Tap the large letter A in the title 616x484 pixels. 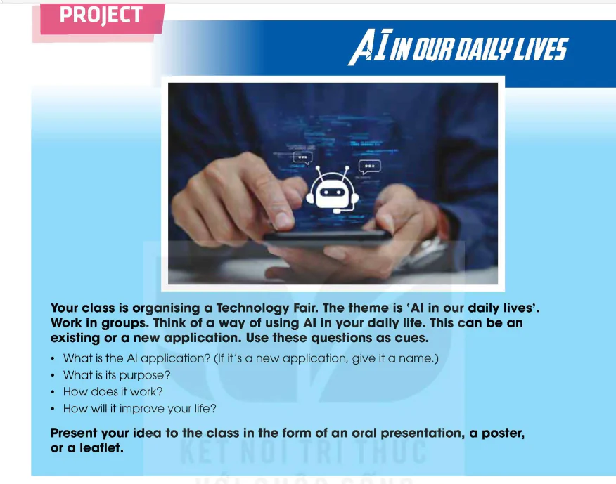pyautogui.click(x=361, y=47)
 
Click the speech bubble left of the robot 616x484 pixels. pyautogui.click(x=302, y=158)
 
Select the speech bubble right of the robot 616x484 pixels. pyautogui.click(x=369, y=166)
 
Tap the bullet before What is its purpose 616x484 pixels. pyautogui.click(x=53, y=375)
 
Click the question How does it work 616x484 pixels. pyautogui.click(x=113, y=392)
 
